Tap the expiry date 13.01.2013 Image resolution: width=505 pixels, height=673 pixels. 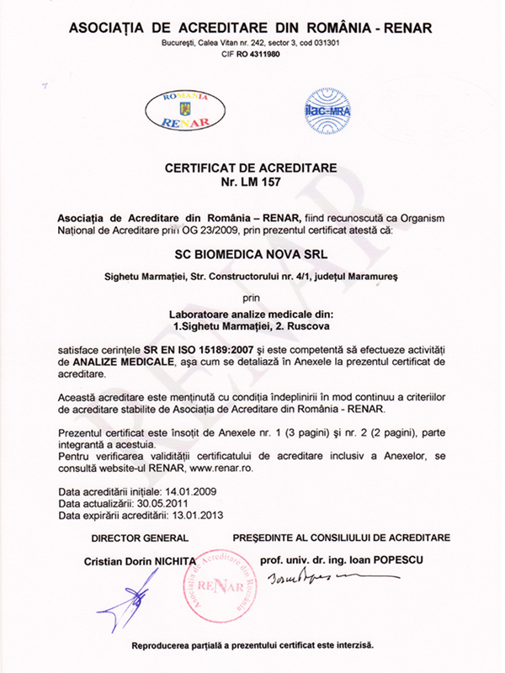click(x=199, y=514)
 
